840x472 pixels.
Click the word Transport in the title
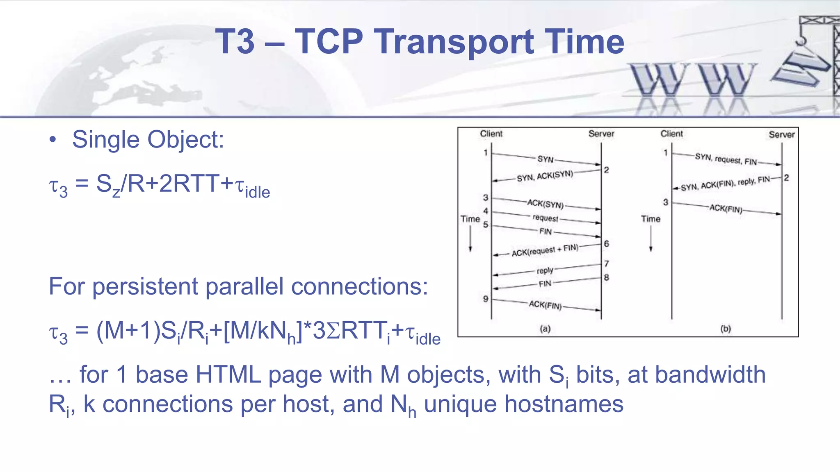point(454,42)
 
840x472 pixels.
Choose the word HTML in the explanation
point(228,374)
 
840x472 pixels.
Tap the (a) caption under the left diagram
point(545,329)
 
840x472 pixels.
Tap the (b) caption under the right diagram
point(726,329)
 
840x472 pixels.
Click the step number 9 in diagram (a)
point(486,299)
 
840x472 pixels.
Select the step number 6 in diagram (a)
point(607,244)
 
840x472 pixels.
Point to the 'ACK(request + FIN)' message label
point(545,250)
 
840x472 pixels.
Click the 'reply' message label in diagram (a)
point(545,270)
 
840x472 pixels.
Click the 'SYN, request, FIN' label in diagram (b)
point(726,159)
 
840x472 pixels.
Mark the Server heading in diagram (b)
point(781,135)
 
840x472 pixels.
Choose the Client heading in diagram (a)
point(491,134)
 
